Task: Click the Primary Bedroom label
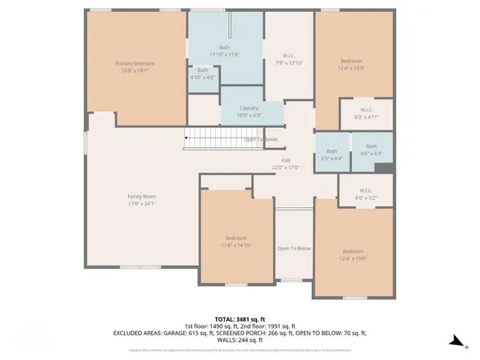(134, 66)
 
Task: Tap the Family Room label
(142, 200)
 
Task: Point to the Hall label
(285, 163)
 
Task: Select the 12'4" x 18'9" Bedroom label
(351, 65)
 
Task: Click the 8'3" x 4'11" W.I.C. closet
(367, 114)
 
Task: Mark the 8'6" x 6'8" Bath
(370, 150)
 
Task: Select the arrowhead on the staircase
(187, 139)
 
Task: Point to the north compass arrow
(454, 340)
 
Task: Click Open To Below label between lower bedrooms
(294, 248)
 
